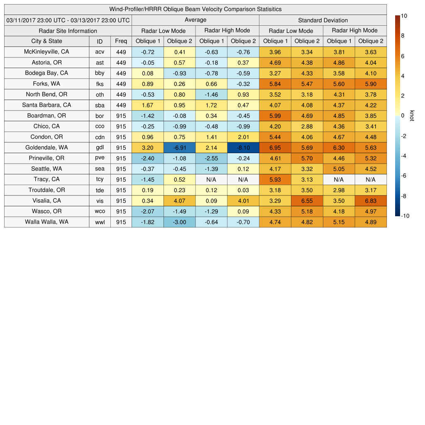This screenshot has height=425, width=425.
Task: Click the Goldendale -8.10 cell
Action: click(x=243, y=147)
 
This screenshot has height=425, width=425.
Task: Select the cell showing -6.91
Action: click(x=179, y=147)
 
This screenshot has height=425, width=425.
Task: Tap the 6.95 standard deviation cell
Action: click(x=275, y=147)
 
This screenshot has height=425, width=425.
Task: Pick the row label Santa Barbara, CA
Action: click(x=46, y=105)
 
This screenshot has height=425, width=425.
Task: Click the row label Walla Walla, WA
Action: click(x=46, y=222)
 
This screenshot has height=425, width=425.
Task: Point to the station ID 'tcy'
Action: click(x=100, y=179)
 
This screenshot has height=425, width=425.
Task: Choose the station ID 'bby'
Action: click(x=100, y=73)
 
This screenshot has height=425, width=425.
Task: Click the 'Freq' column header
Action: click(x=121, y=41)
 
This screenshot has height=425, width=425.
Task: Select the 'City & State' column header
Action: click(x=46, y=41)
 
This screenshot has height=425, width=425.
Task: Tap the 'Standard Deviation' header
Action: click(x=323, y=20)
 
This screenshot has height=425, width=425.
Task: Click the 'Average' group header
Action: click(x=195, y=20)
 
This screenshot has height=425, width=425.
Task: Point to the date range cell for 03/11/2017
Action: click(x=68, y=20)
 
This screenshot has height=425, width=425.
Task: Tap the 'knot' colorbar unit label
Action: click(x=412, y=115)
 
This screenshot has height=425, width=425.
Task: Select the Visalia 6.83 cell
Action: click(x=371, y=200)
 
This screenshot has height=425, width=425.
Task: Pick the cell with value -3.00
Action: click(x=179, y=222)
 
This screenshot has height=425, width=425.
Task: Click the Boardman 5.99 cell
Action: click(x=275, y=115)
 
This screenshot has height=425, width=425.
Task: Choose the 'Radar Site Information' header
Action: click(x=68, y=31)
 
